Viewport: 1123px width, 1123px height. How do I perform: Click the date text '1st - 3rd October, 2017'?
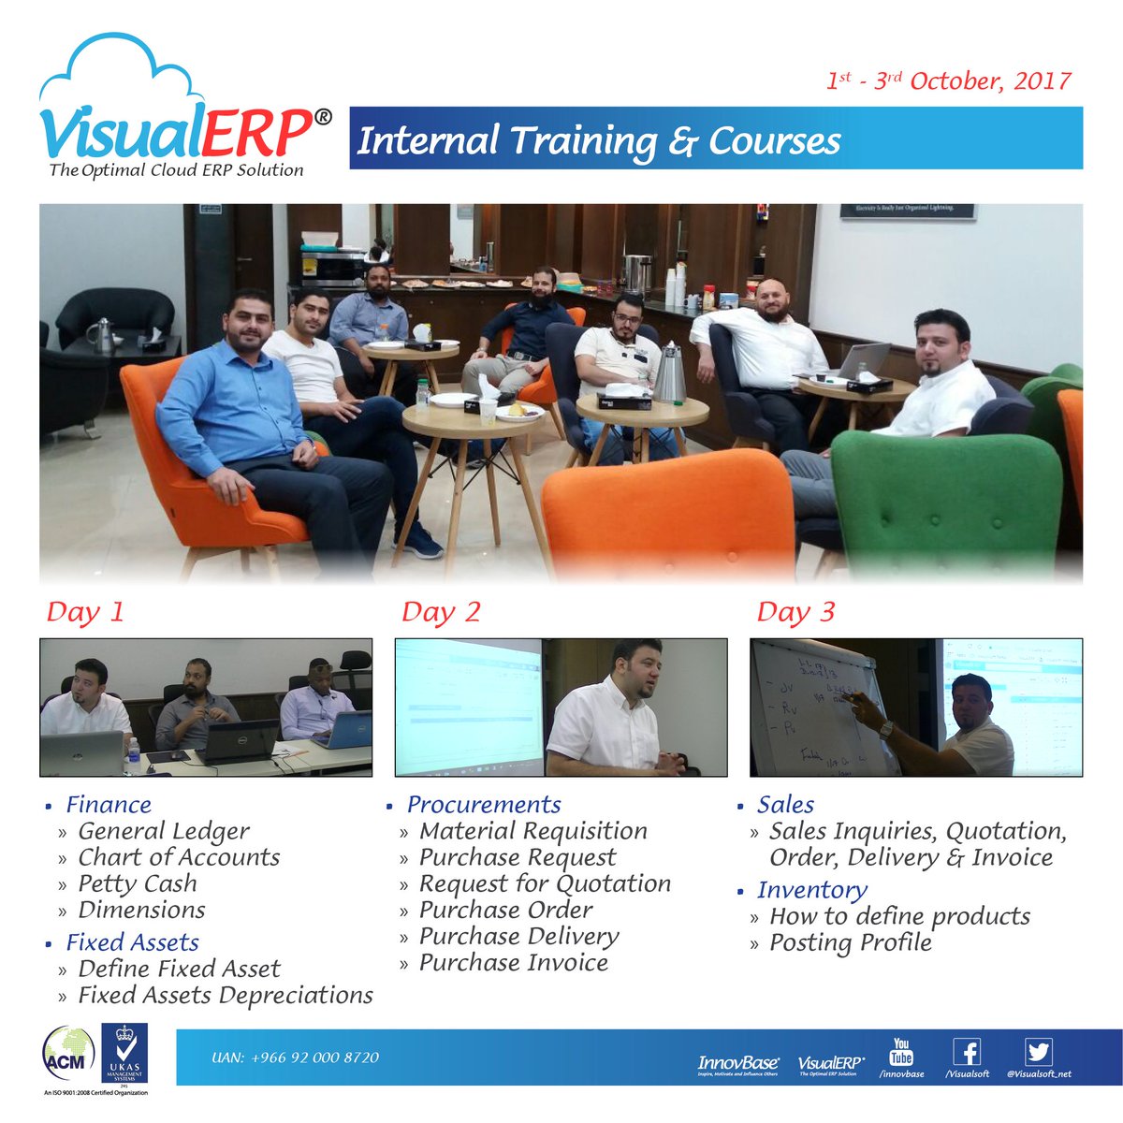[x=948, y=80]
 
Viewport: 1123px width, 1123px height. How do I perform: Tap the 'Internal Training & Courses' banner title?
[x=599, y=140]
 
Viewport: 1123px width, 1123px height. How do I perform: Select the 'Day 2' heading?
[x=440, y=612]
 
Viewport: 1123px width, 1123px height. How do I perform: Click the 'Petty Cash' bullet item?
[x=138, y=883]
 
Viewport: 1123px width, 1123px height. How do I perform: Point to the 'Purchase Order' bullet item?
[x=505, y=910]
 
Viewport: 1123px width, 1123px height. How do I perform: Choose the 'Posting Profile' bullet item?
[x=850, y=942]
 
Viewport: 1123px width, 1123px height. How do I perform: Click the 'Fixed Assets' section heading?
[x=132, y=942]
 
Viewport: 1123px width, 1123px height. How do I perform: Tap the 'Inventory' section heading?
[x=811, y=890]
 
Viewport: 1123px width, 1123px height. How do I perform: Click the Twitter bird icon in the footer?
[x=1038, y=1052]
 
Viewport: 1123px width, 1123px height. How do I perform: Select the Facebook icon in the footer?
[x=967, y=1052]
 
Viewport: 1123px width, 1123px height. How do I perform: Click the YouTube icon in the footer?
[x=901, y=1052]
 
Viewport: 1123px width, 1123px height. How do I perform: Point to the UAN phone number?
[x=296, y=1057]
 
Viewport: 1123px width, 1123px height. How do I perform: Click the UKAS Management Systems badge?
[x=124, y=1055]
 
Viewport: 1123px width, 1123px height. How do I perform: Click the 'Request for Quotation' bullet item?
[x=545, y=883]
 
